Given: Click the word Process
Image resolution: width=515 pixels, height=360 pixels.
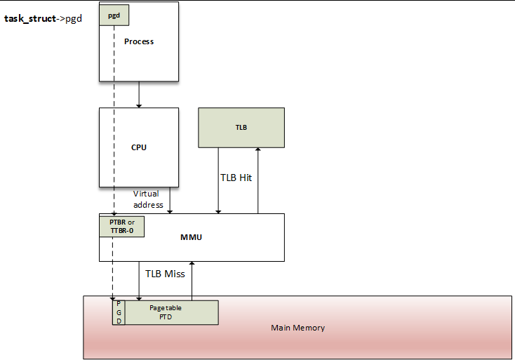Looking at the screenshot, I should tap(139, 41).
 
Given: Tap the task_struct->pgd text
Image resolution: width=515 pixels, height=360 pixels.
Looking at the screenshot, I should tap(44, 18).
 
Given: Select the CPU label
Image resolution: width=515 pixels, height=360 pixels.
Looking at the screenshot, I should tap(139, 147).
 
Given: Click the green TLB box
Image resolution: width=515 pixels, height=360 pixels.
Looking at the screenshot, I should tap(241, 128).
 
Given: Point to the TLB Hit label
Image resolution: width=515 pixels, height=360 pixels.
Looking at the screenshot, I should tap(236, 178).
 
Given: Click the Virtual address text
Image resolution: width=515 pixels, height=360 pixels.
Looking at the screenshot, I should tap(148, 199).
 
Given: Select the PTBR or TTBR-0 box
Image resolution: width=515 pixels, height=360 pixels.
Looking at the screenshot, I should tap(122, 226).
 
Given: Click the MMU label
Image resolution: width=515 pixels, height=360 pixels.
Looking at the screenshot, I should tap(191, 237).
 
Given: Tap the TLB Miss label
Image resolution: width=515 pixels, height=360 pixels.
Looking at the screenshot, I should tap(165, 274).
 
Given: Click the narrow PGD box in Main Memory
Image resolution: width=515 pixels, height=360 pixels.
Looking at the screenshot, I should tap(119, 312).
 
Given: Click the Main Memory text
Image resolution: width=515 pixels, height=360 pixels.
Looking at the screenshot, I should tap(298, 328).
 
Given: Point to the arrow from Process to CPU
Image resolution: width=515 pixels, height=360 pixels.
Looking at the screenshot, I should tap(139, 93).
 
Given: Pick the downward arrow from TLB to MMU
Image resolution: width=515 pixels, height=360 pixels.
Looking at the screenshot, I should tap(219, 180).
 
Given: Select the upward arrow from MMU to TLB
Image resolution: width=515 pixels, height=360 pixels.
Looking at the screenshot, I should tap(257, 180).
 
